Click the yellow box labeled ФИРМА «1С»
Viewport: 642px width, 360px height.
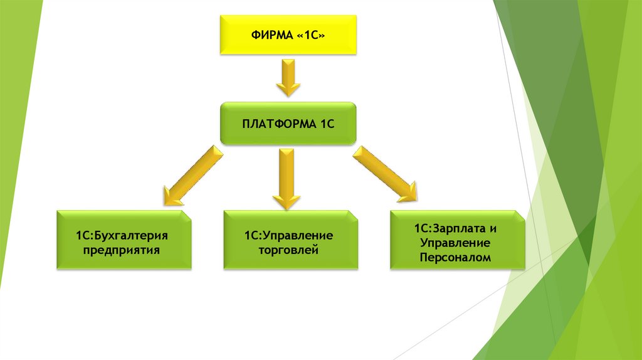point(288,35)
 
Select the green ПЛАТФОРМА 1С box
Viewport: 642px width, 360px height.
point(288,125)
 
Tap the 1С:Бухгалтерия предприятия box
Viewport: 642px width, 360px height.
point(124,241)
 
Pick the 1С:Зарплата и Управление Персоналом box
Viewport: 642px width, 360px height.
point(457,241)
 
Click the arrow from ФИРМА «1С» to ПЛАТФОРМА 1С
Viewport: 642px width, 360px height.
point(288,78)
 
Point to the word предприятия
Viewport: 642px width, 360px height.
point(124,250)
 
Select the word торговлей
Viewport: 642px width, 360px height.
point(288,250)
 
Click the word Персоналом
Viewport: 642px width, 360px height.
point(457,257)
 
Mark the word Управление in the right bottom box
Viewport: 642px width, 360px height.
point(457,241)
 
